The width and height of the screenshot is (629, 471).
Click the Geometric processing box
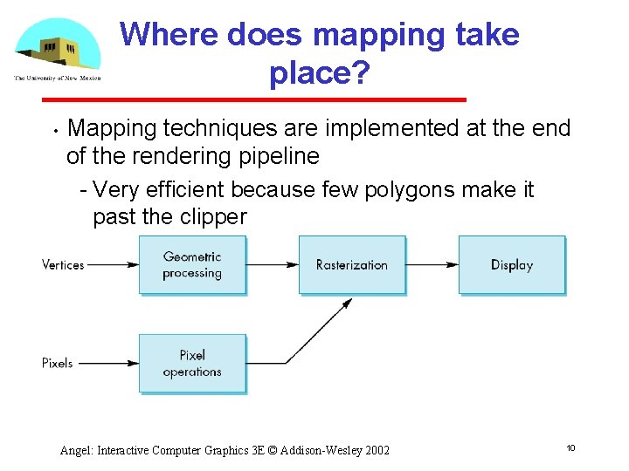tap(192, 264)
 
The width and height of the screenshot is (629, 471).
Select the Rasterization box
tap(352, 264)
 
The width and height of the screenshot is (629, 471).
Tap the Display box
tap(512, 264)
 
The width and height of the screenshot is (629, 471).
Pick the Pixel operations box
tap(192, 363)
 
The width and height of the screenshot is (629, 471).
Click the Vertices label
tap(63, 264)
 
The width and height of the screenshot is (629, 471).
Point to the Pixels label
tap(58, 363)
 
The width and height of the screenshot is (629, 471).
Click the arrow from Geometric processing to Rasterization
tap(273, 264)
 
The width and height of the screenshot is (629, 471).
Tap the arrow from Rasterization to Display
tap(432, 264)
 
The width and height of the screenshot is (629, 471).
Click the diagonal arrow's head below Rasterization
tap(348, 303)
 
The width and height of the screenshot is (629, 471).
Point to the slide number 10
tap(570, 447)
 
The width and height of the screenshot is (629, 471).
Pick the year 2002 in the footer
tap(375, 450)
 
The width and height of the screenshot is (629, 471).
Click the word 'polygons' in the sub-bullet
tap(401, 190)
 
